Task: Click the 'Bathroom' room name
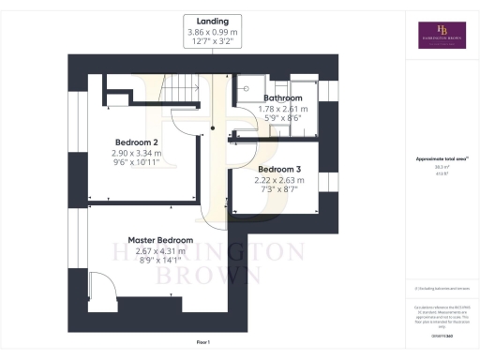[x=282, y=97]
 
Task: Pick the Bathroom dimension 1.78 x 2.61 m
[x=282, y=109]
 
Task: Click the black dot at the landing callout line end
[x=214, y=128]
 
